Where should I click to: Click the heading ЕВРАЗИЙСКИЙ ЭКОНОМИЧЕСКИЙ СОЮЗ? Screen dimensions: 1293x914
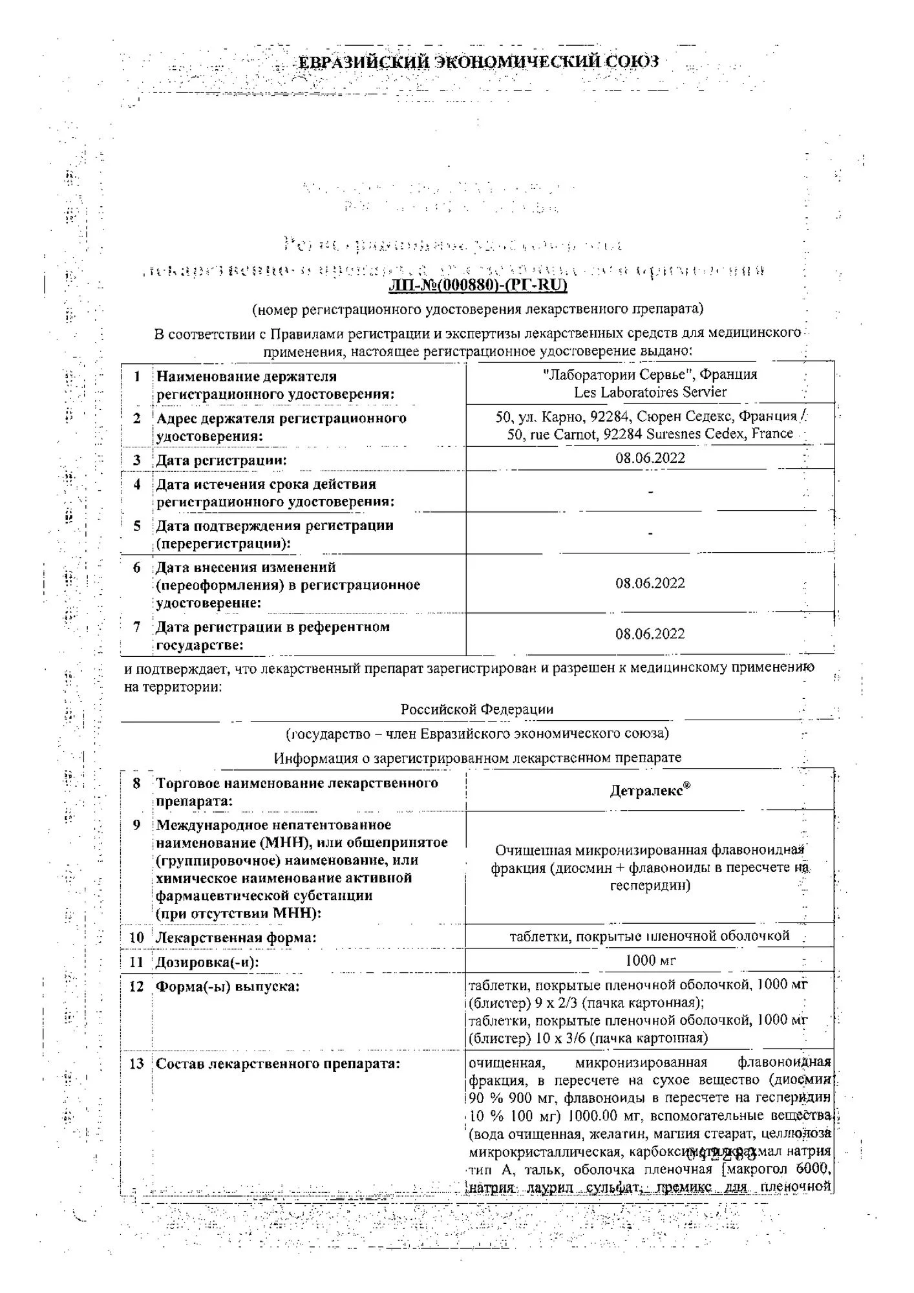tap(478, 62)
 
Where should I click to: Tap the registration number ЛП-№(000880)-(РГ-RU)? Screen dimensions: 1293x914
tap(478, 285)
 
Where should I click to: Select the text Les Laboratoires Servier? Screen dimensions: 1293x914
tap(650, 392)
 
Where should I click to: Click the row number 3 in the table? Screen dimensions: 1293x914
tap(137, 460)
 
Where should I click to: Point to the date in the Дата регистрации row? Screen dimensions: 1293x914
tap(650, 458)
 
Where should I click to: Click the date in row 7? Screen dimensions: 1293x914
tap(650, 634)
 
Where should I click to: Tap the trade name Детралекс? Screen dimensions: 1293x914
tap(649, 791)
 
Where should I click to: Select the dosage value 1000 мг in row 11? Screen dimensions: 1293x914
tap(650, 961)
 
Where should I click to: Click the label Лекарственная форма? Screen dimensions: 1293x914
tap(236, 937)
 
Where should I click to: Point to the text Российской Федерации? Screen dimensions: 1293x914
tap(477, 709)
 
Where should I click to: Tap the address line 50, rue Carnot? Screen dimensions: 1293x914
tap(650, 434)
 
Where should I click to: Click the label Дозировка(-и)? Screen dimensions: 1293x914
tap(207, 963)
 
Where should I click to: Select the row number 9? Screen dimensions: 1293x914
tap(136, 825)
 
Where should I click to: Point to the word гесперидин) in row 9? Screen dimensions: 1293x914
tap(650, 886)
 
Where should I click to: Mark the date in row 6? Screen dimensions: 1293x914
tap(650, 583)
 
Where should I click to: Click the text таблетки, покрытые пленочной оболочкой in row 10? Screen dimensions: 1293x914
tap(650, 936)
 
